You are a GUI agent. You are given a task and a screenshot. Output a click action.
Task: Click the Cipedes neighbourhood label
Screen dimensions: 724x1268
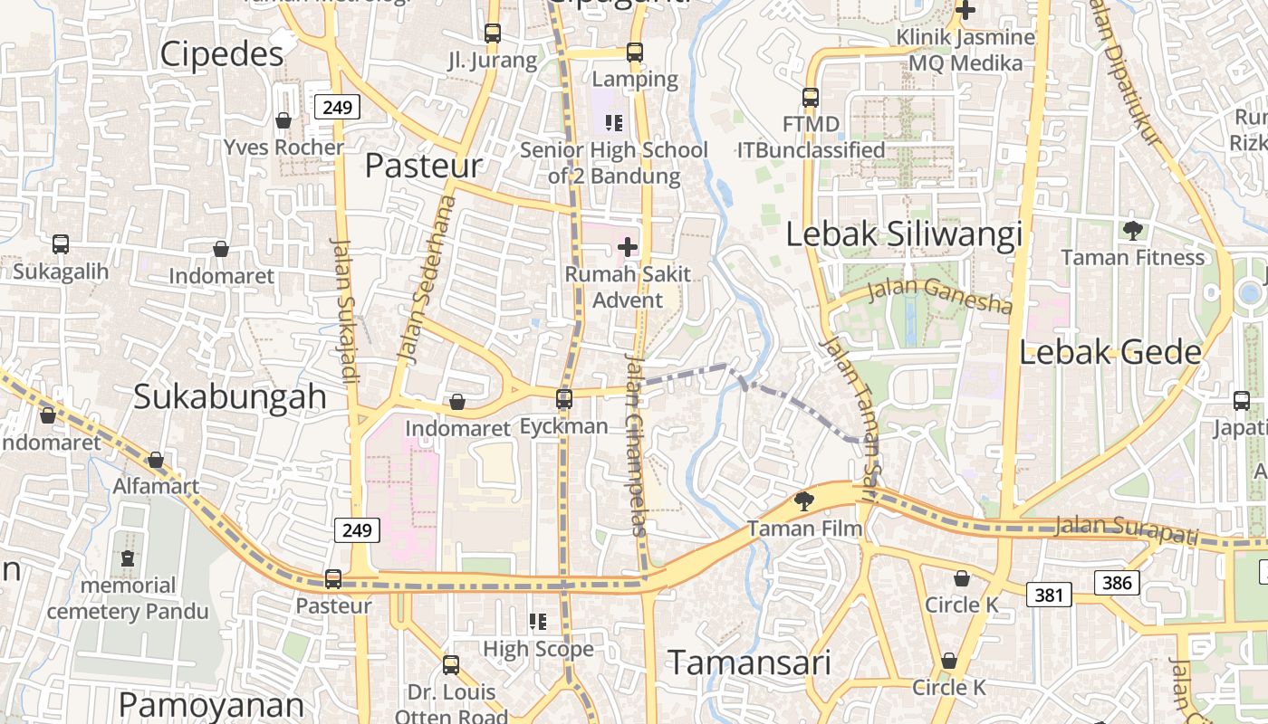[x=222, y=55]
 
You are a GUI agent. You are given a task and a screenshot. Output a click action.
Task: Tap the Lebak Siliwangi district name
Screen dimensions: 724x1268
[x=903, y=234]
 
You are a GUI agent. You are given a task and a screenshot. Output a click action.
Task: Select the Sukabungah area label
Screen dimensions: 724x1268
[x=230, y=396]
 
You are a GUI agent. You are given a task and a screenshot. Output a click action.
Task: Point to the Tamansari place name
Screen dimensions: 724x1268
[x=749, y=662]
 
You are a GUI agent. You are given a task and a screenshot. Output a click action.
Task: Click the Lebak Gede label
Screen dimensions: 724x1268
[x=1110, y=353]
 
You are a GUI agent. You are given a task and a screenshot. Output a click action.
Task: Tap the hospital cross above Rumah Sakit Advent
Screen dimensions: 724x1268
[x=628, y=246]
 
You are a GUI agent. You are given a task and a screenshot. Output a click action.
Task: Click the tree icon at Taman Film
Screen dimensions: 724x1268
[x=803, y=500]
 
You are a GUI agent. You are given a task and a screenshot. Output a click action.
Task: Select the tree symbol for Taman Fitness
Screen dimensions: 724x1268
[x=1132, y=230]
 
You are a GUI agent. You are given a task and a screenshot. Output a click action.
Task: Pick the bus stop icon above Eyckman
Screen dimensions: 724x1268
[x=564, y=398]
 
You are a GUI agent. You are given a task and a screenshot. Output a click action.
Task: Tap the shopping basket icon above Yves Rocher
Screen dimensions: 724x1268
[x=283, y=120]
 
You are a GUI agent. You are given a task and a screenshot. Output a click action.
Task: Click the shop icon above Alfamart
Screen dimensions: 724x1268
[x=156, y=460]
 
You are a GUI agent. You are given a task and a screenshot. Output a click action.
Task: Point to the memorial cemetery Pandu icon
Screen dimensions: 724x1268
[x=128, y=558]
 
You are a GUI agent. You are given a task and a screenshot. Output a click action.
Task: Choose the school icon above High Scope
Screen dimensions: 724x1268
[x=538, y=622]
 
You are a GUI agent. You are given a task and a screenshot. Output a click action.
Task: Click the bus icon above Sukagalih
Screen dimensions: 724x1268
[x=61, y=244]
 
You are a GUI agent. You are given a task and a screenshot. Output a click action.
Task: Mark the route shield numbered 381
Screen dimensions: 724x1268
[x=1049, y=595]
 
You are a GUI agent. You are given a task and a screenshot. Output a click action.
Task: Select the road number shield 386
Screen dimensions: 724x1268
[x=1117, y=583]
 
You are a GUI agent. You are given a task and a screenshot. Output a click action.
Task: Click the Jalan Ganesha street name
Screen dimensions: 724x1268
[x=938, y=296]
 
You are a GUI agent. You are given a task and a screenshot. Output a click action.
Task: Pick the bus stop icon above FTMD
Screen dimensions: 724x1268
[x=811, y=97]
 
